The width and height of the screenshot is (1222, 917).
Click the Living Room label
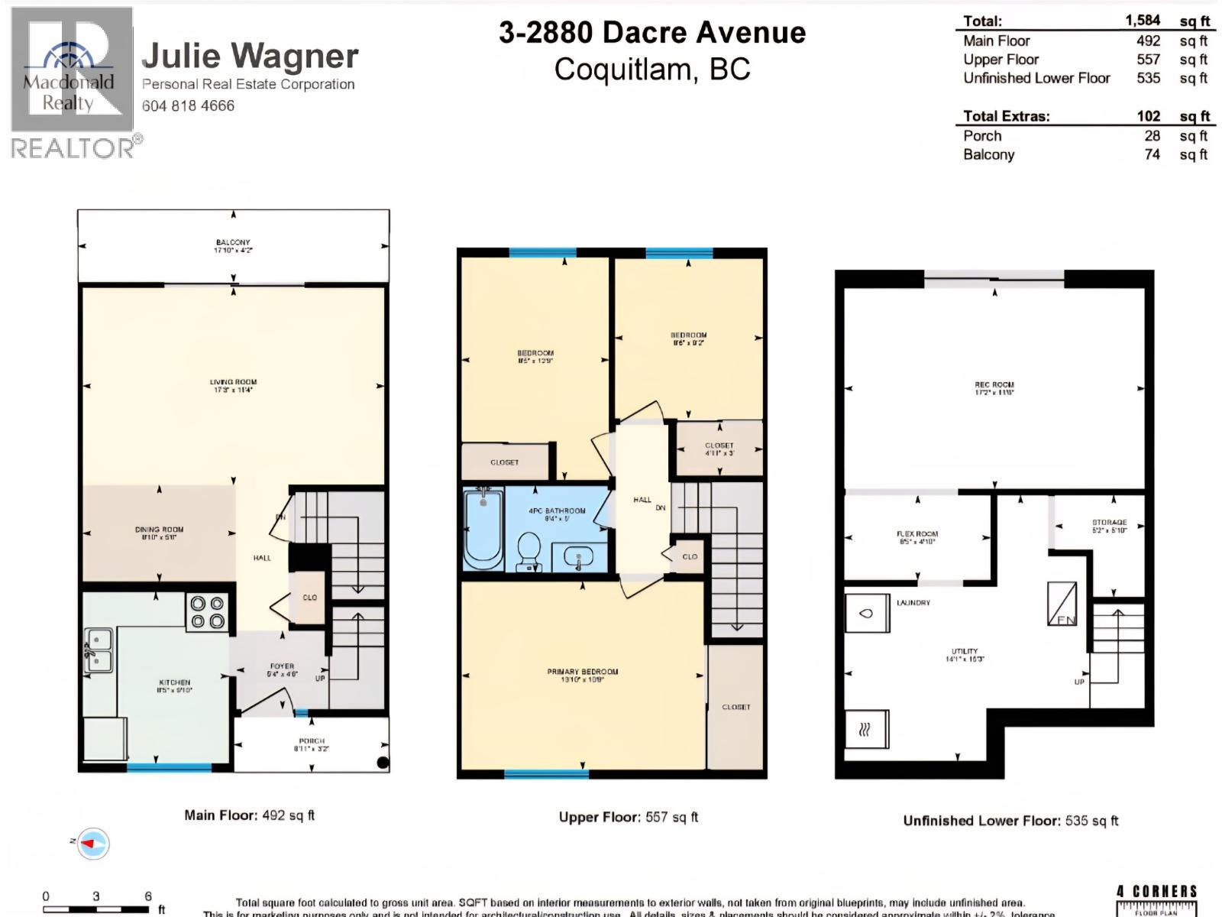[233, 385]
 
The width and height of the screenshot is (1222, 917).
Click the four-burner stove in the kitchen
[208, 612]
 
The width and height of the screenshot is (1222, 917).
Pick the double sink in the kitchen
[99, 651]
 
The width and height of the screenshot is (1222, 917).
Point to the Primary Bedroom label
[582, 675]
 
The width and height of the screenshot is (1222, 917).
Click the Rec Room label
[994, 388]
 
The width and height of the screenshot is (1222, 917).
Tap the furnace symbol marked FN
[1062, 604]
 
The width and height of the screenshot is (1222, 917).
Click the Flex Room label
[917, 537]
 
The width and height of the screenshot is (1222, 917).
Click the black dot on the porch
[383, 762]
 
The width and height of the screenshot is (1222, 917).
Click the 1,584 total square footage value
[1142, 21]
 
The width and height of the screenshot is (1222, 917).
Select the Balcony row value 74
[1152, 154]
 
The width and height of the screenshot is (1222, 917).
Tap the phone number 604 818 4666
[188, 106]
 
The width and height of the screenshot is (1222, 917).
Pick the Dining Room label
[159, 533]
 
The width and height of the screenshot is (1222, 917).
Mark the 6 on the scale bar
[148, 896]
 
